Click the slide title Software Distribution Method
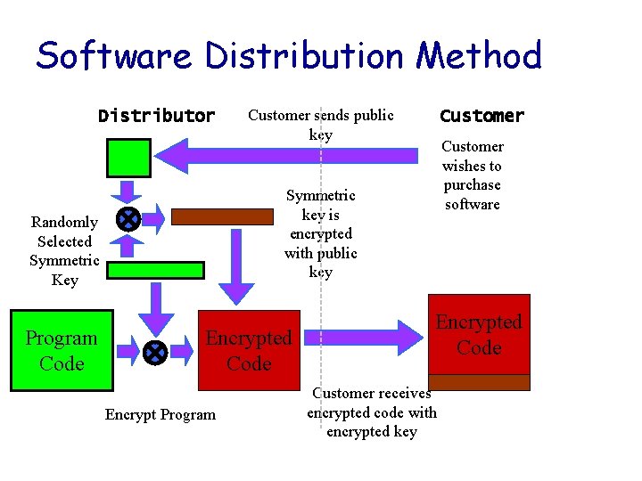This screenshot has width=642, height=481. click(x=288, y=56)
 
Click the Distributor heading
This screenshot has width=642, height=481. click(x=156, y=116)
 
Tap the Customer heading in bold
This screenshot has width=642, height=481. click(x=481, y=116)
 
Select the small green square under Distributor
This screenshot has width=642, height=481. click(x=129, y=158)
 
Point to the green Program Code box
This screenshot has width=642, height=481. click(x=62, y=351)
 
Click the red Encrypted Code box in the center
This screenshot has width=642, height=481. click(x=248, y=351)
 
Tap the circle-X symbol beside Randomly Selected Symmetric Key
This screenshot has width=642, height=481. click(x=128, y=218)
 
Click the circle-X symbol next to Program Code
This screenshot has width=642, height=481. click(x=154, y=353)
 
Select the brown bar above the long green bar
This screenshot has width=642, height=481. click(x=222, y=216)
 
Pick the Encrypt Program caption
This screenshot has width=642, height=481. click(x=160, y=414)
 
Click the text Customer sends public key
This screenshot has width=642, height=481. click(x=320, y=125)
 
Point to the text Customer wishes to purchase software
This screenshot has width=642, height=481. click(x=472, y=175)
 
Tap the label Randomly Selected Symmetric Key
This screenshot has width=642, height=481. click(x=64, y=251)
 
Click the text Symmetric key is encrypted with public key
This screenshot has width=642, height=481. click(x=320, y=233)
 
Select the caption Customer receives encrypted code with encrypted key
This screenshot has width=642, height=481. click(x=372, y=412)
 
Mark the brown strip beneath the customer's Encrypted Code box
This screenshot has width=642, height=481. click(x=479, y=382)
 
